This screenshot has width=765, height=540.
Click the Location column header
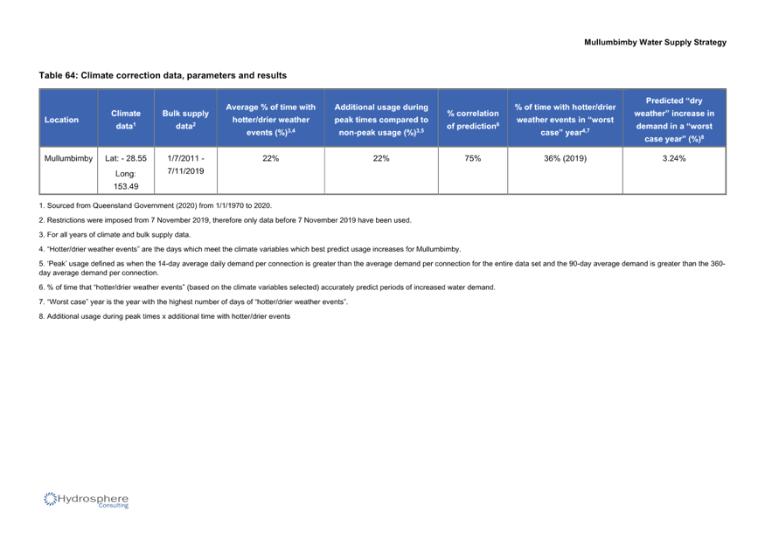coord(61,120)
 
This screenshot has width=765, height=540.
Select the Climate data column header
coord(125,120)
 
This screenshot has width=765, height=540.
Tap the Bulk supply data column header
coord(185,120)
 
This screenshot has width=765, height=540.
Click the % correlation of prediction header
coord(473,120)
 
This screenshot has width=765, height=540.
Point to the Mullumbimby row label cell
coord(68,158)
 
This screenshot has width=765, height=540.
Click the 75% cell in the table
coord(473,158)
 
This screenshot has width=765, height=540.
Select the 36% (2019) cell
coord(565,158)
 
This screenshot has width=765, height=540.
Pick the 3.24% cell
coord(674,158)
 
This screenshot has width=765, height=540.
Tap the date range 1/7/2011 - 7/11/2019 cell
coord(185,165)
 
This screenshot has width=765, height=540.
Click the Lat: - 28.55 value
coord(126,158)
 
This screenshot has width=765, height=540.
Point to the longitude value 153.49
coord(126,186)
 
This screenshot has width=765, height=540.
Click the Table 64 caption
coord(163,76)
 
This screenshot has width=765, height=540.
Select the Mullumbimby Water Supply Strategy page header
coord(655,43)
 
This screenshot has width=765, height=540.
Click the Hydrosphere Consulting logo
coord(86,500)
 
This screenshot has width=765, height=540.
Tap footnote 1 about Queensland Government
coord(156,206)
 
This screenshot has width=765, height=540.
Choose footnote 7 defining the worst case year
coord(194,302)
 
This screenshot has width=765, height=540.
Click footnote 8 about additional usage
coord(165,316)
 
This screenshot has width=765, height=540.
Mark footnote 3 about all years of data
coord(115,235)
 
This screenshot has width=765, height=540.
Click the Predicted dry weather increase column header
coord(674,120)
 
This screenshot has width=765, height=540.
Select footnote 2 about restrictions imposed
coord(226,220)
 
